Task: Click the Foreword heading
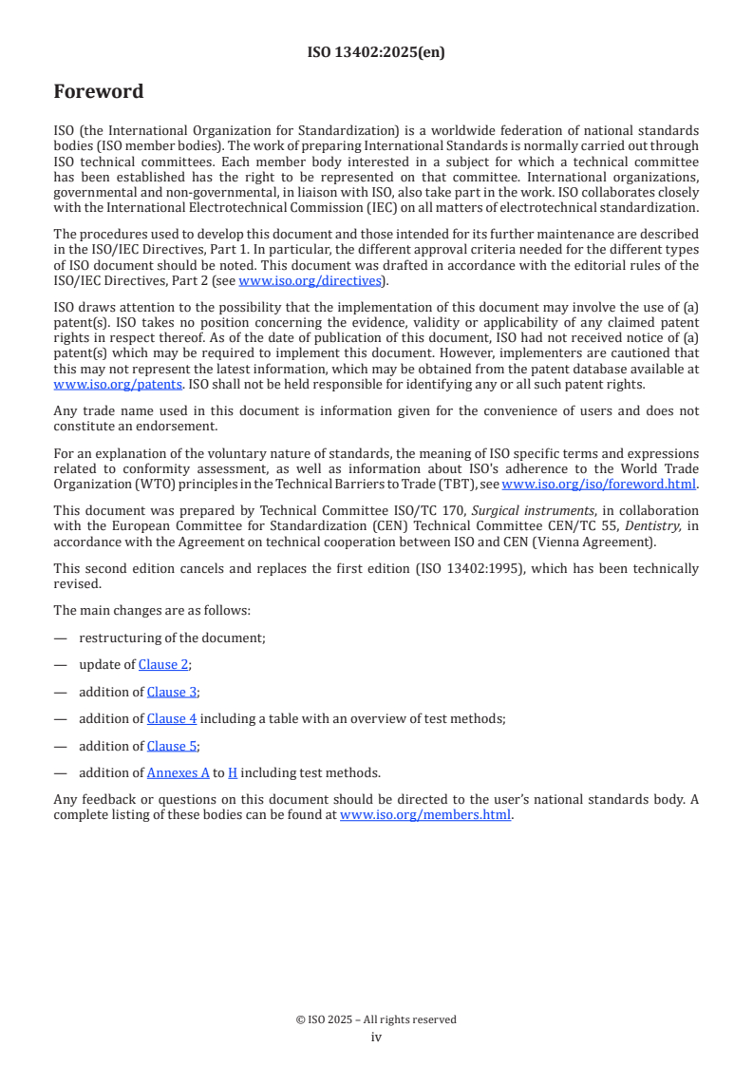99,92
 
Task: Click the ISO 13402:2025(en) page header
376,52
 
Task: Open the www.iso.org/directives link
310,280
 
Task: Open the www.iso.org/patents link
92,384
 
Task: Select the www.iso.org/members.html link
425,814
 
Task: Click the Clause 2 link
163,665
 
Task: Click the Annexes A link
178,772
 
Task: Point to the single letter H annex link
233,772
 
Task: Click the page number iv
376,1037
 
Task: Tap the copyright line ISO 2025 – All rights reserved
376,1019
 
